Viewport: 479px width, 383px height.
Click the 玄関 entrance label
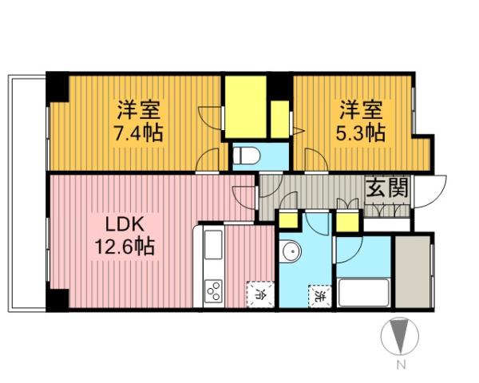tap(388, 188)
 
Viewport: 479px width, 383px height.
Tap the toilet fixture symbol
tap(244, 153)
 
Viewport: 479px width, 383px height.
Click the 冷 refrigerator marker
tap(260, 293)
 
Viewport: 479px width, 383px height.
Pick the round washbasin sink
tap(292, 253)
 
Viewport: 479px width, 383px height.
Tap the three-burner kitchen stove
tap(213, 291)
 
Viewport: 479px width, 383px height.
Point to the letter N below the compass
tap(400, 366)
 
